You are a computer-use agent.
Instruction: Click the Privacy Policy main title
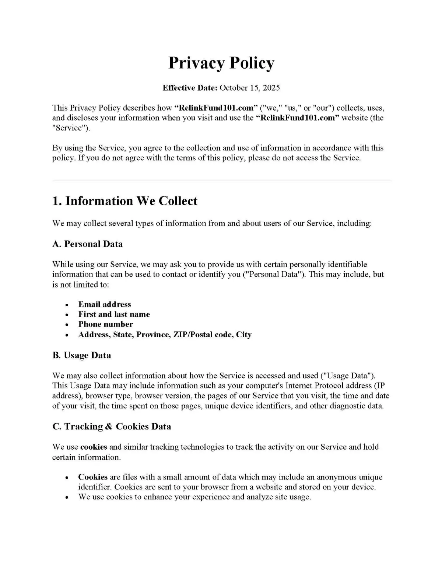(x=221, y=63)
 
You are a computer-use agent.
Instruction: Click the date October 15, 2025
(x=249, y=88)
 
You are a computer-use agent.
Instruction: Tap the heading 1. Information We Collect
(x=125, y=201)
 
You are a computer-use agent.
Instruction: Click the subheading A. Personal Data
(x=87, y=244)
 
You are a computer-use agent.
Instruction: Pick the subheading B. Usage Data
(x=81, y=355)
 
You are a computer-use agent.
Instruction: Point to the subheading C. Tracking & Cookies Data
(x=112, y=426)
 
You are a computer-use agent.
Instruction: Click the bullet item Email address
(x=105, y=304)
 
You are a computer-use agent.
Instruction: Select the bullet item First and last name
(x=114, y=314)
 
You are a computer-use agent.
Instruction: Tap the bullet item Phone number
(x=105, y=324)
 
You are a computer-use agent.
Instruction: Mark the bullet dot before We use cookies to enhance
(x=67, y=498)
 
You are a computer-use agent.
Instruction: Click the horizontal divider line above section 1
(x=221, y=181)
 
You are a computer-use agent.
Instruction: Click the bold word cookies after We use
(x=94, y=447)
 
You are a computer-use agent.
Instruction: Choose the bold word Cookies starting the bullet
(x=93, y=477)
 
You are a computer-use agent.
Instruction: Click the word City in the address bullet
(x=244, y=335)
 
